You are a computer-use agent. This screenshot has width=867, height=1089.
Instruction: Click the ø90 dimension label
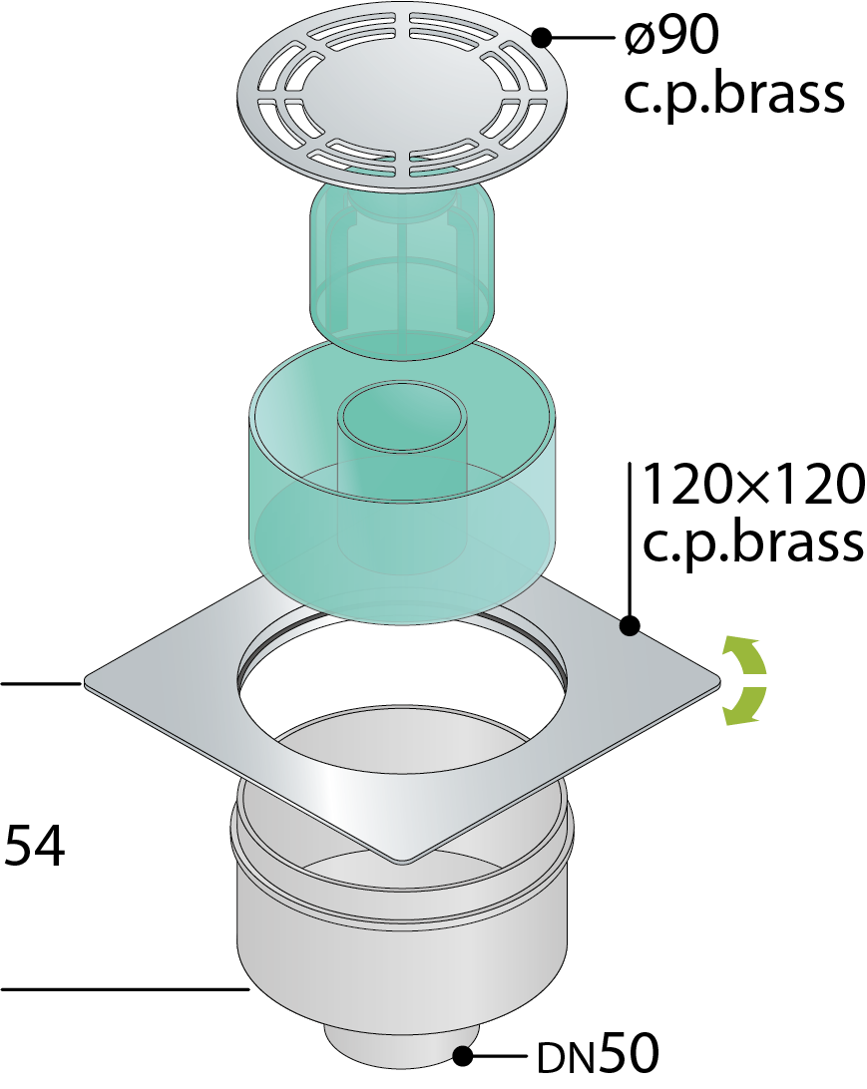point(671,36)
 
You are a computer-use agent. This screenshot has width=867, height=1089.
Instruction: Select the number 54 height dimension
point(34,845)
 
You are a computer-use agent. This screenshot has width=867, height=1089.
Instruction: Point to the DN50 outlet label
point(597,1053)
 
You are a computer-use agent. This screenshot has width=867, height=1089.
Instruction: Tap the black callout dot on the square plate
point(630,625)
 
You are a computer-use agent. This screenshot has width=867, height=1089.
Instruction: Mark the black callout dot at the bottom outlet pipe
point(463,1056)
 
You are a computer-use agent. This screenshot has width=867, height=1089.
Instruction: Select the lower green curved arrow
point(743,706)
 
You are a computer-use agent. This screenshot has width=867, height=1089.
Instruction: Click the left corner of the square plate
point(85,683)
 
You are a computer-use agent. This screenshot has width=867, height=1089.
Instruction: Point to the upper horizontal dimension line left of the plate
point(41,684)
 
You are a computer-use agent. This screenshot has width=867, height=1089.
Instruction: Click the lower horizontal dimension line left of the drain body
point(125,987)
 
